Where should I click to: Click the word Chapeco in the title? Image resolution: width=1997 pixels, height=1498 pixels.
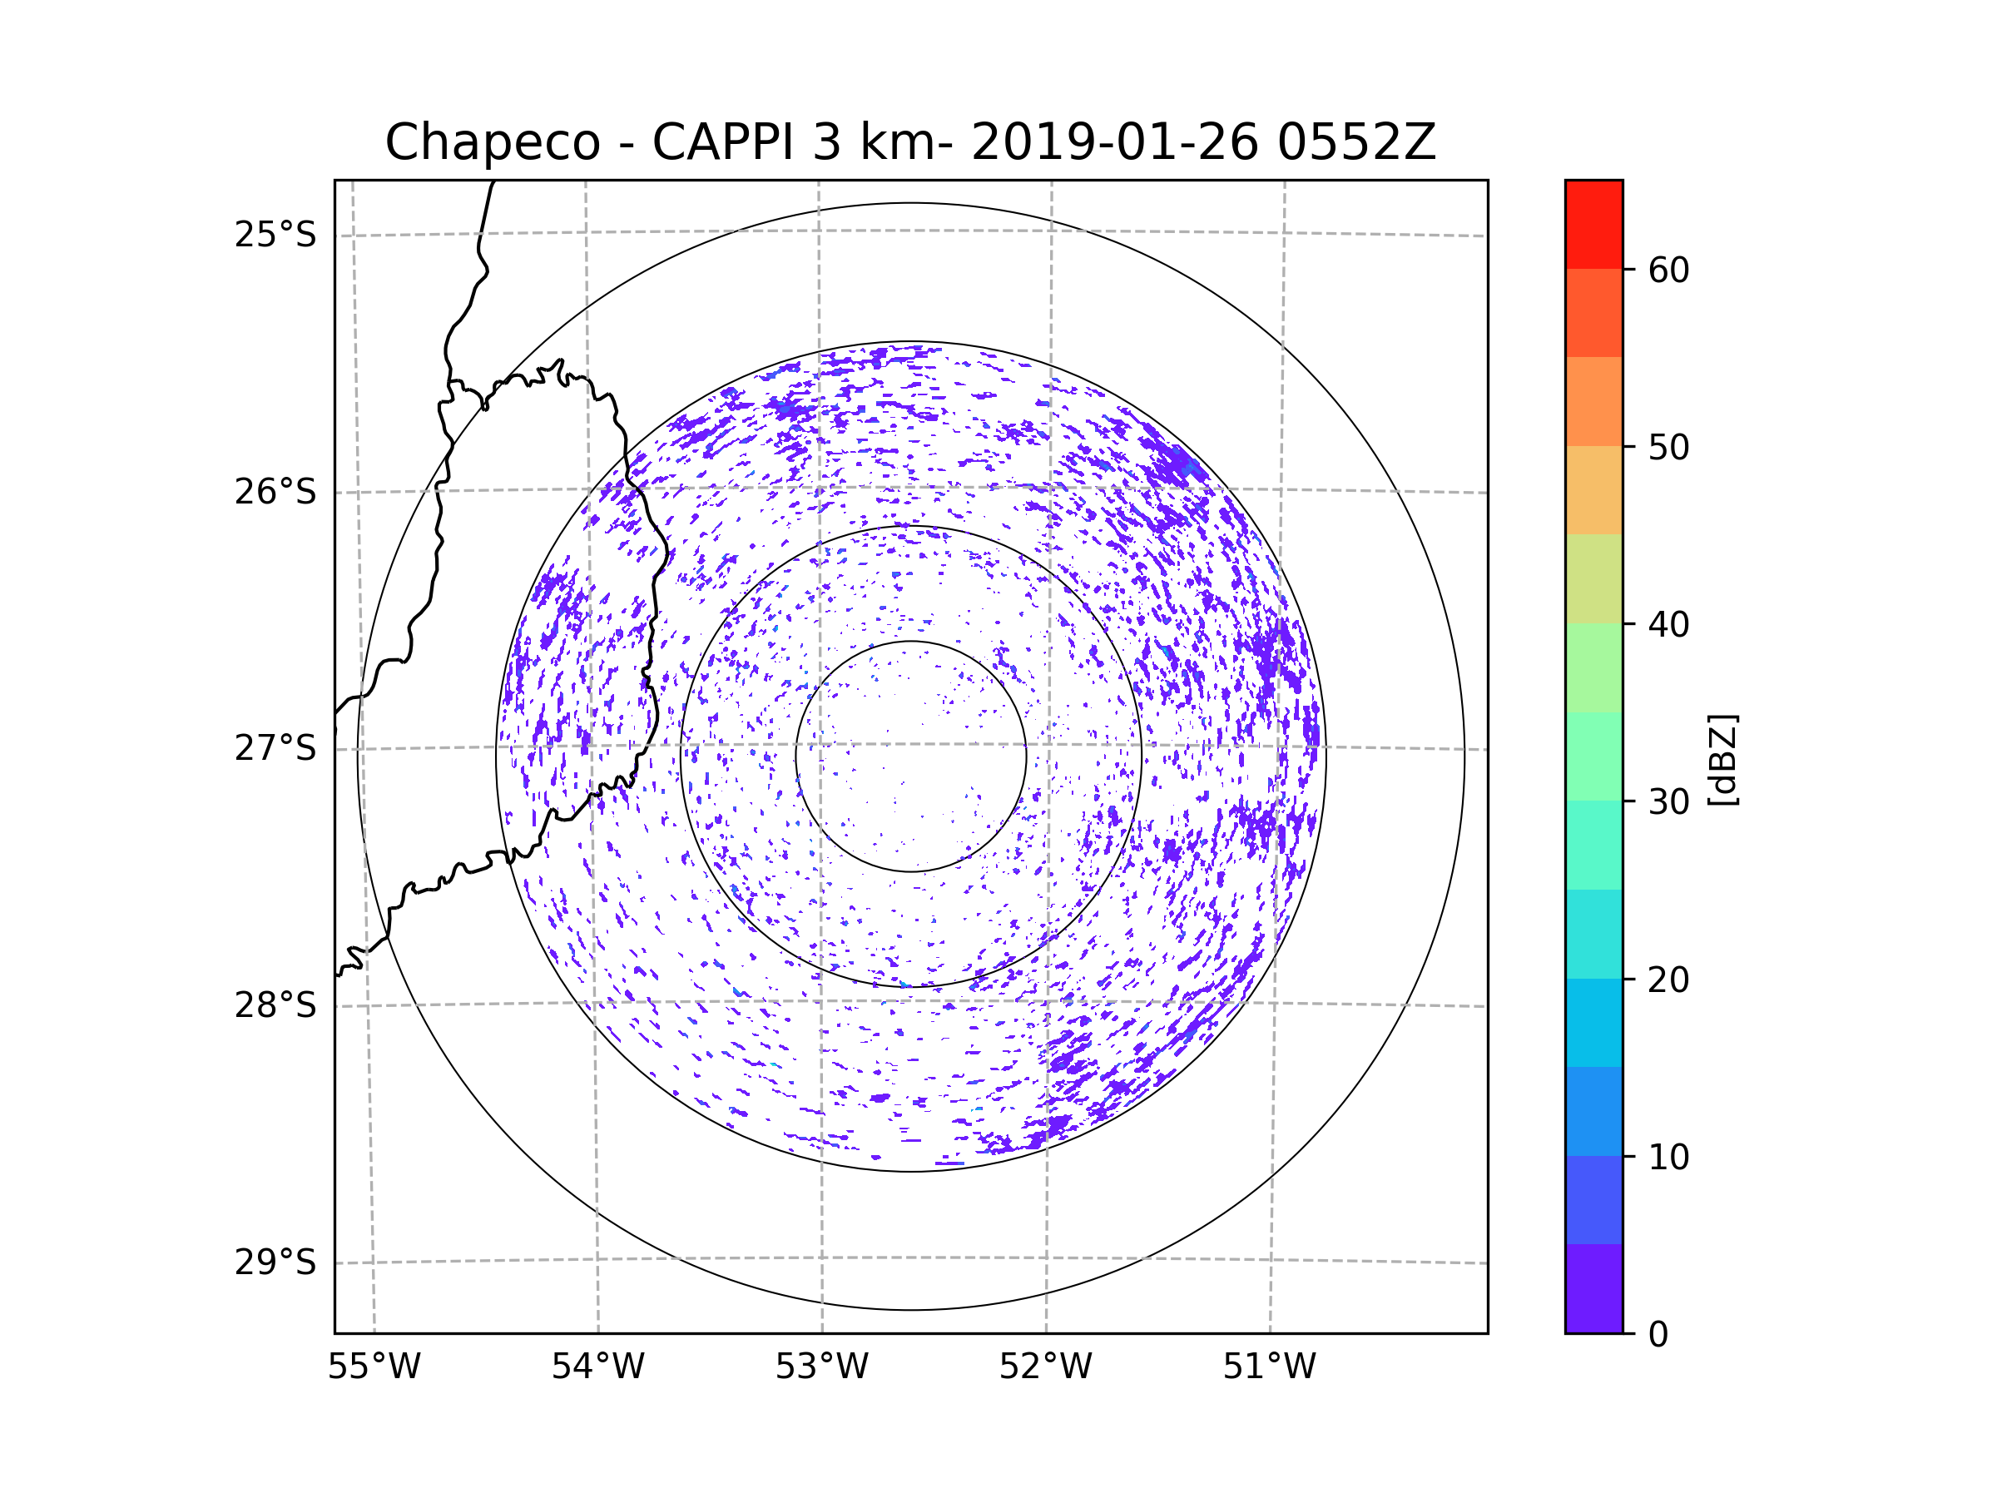coord(492,142)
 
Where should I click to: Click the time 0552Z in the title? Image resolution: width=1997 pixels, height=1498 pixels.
coord(1355,142)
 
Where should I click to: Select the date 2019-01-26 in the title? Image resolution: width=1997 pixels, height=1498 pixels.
coord(1114,142)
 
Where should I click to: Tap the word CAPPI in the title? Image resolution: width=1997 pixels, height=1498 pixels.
coord(725,142)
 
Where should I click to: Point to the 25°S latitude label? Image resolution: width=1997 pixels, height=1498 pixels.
coord(275,235)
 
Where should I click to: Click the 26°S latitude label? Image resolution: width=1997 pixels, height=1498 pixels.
coord(275,492)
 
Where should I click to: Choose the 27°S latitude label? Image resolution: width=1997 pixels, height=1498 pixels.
coord(275,748)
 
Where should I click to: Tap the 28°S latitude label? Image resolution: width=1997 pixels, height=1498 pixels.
coord(275,1005)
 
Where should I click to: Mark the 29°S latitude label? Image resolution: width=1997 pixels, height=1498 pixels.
coord(275,1262)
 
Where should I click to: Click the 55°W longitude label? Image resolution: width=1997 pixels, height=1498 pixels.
coord(374,1367)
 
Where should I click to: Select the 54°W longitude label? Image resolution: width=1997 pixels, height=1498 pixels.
coord(597,1367)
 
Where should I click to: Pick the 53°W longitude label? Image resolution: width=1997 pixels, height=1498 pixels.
coord(821,1367)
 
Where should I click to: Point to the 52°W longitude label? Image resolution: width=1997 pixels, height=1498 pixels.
coord(1045,1367)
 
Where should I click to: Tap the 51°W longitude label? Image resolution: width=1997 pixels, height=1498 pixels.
coord(1269,1367)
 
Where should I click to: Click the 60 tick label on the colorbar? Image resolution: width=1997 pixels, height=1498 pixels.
coord(1668,270)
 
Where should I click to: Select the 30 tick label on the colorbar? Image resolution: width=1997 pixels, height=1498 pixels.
coord(1668,801)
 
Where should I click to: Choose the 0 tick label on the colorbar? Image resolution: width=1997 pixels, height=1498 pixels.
coord(1658,1335)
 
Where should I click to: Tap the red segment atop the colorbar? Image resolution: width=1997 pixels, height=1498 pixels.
coord(1593,224)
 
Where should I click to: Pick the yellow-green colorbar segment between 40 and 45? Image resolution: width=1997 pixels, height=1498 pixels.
coord(1593,578)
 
